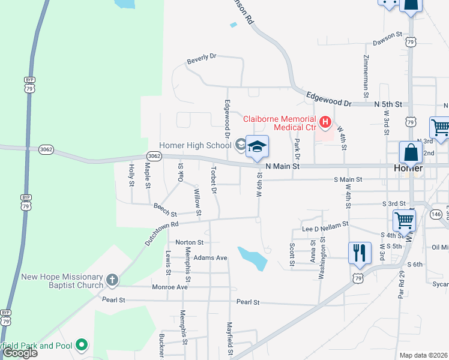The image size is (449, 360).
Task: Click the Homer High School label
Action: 194,145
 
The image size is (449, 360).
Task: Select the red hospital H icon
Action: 325,123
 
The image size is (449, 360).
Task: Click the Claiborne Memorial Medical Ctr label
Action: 279,123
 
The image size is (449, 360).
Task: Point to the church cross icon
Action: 112,280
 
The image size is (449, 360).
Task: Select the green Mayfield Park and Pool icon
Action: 82,345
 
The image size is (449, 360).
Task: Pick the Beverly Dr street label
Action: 201,58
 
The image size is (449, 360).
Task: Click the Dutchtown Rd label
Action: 162,233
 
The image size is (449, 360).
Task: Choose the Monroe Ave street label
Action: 170,287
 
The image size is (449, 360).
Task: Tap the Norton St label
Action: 189,242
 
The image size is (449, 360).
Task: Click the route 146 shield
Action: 436,214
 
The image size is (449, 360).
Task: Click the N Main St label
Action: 282,166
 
